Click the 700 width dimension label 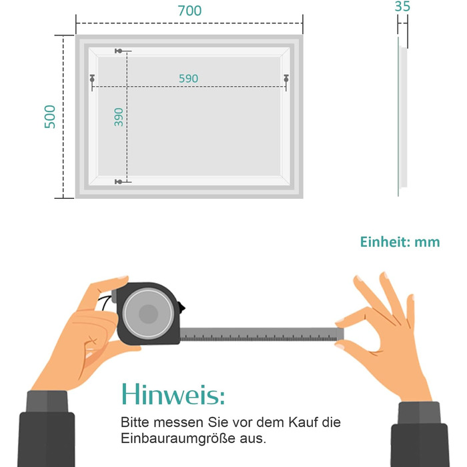click(189, 11)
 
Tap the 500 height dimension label click(50, 117)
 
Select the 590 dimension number click(188, 79)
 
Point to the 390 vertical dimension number click(119, 117)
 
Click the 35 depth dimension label click(402, 6)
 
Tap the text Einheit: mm click(400, 242)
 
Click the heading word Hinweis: click(173, 394)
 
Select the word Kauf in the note click(304, 422)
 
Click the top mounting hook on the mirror click(119, 51)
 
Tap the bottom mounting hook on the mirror click(119, 181)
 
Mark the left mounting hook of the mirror click(92, 79)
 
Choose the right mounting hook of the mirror click(286, 79)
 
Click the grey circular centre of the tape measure click(148, 314)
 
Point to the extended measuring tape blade click(262, 334)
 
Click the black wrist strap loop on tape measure click(105, 303)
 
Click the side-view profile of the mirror click(402, 117)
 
